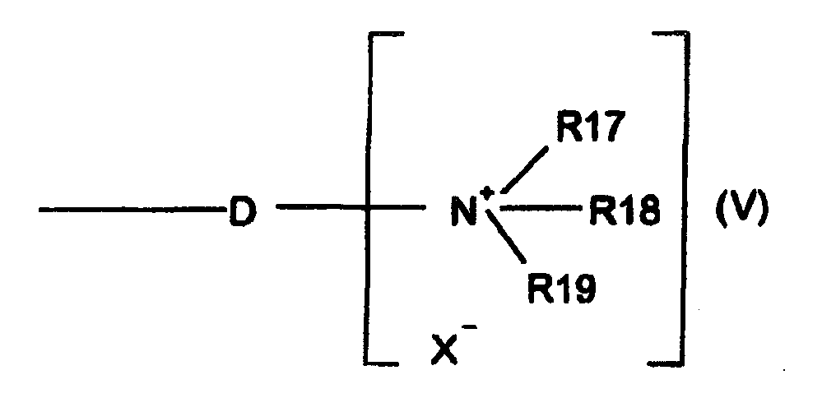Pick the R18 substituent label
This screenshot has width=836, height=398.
[x=623, y=212]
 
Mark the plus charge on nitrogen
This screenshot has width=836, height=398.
[x=487, y=193]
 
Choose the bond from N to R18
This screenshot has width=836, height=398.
[x=540, y=210]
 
